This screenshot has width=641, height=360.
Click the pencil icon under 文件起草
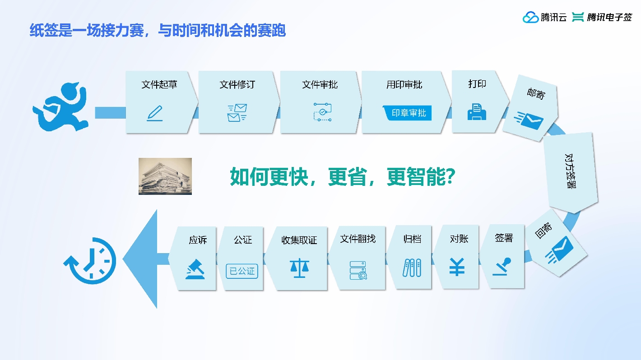coord(155,113)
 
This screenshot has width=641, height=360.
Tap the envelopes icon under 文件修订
coord(237,113)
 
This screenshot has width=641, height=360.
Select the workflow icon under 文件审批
coord(322,112)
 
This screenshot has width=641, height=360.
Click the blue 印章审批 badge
coord(407,113)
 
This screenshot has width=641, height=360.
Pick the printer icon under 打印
coord(477,112)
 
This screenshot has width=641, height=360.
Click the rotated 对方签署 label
coord(570,171)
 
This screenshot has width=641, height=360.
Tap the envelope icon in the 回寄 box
coord(559,249)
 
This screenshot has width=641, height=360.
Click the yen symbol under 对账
coord(457,267)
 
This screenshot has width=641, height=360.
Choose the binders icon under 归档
coord(412,268)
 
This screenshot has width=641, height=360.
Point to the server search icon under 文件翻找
coord(358,270)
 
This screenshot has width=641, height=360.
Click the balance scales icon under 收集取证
coord(299,268)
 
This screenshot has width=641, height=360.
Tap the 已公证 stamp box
coord(242,271)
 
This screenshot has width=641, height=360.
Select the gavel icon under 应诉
coord(195,269)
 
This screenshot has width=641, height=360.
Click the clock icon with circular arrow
coord(90,261)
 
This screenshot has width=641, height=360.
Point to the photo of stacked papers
coord(165,176)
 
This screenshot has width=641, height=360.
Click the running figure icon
coord(60,106)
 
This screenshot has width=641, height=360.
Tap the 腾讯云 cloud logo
coord(530,17)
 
